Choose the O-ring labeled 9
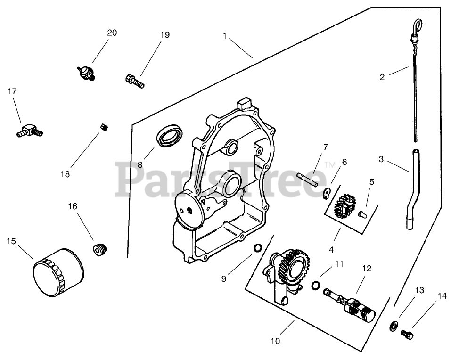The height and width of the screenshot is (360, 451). point(257,248)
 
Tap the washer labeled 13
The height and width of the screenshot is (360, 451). point(392,326)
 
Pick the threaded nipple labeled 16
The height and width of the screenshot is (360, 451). point(100,250)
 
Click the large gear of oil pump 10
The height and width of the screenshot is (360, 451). point(293,270)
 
